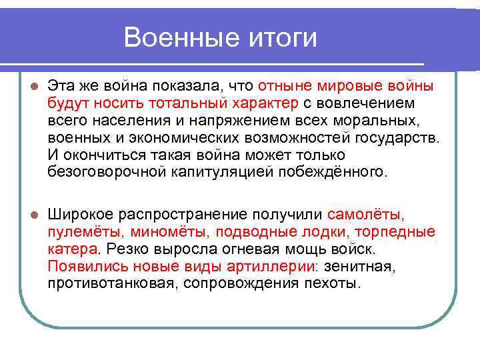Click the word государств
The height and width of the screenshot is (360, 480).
(399, 138)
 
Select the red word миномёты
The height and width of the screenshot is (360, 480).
(169, 232)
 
